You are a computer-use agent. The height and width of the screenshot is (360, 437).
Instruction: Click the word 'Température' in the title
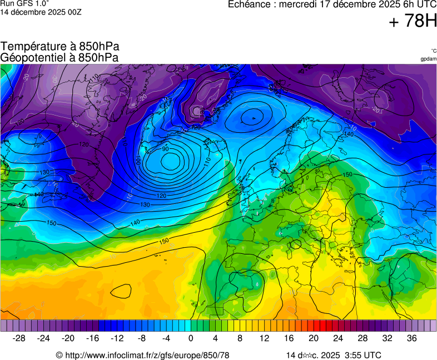click(x=33, y=47)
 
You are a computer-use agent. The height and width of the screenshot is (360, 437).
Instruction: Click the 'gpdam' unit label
click(x=428, y=58)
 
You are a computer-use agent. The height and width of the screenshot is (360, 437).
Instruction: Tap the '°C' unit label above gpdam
click(x=433, y=51)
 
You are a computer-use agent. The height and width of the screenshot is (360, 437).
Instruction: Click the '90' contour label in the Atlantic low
click(x=165, y=149)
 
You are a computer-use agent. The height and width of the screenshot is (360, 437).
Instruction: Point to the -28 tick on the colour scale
click(x=19, y=338)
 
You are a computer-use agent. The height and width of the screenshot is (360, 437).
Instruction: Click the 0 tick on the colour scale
click(x=191, y=338)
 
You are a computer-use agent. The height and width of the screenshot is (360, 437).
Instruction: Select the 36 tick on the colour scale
click(x=411, y=338)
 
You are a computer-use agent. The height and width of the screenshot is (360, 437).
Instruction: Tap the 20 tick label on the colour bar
click(x=313, y=338)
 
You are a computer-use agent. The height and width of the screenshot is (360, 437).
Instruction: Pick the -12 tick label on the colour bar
click(x=117, y=338)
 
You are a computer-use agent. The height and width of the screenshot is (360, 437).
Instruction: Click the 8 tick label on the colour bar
click(x=240, y=338)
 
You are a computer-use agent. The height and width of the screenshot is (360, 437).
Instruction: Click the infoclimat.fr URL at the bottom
click(x=147, y=355)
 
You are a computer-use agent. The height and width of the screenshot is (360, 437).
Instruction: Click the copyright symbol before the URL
click(x=59, y=355)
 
